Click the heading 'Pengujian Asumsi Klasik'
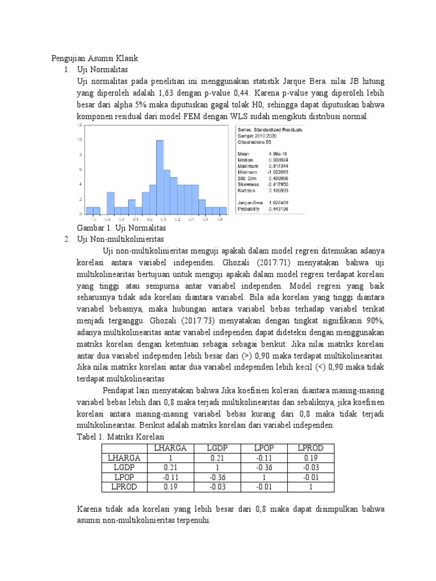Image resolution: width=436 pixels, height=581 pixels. tap(95, 58)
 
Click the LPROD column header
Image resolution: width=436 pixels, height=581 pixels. tap(311, 448)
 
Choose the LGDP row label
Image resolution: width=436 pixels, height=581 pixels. tap(122, 467)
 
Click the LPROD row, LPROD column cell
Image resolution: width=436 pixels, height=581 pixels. tap(311, 486)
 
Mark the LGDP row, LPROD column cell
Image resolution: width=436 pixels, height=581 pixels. tap(311, 467)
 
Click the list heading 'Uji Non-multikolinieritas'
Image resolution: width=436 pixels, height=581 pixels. tap(119, 239)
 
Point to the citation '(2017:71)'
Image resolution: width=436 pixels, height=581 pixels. tap(282, 263)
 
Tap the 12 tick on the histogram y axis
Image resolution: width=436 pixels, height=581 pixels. tap(80, 124)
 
